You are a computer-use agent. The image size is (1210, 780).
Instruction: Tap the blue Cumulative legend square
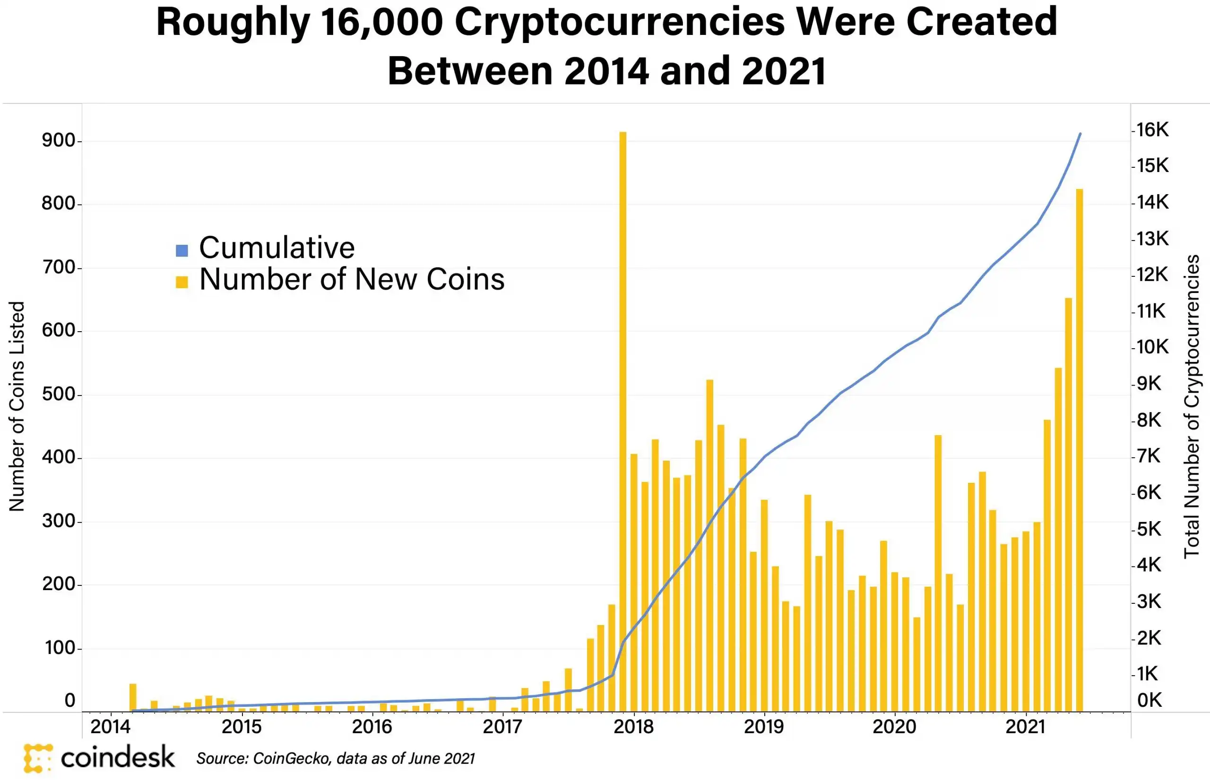(182, 250)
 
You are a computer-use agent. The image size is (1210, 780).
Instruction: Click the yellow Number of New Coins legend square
(182, 282)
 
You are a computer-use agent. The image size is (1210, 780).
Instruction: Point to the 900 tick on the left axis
(59, 140)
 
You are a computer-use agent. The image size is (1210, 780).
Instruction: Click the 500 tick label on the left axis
(59, 394)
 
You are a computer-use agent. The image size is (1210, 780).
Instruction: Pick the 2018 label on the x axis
(633, 727)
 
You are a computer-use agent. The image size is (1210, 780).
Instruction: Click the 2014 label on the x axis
(111, 727)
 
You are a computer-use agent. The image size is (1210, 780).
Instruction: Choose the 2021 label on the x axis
(1026, 727)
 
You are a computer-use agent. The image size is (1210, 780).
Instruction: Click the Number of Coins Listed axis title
(17, 406)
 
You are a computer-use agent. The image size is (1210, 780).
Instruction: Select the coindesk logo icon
(37, 758)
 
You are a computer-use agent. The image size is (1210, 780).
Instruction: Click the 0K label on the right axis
(1149, 701)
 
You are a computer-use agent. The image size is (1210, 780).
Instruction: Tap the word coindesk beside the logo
(118, 758)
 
